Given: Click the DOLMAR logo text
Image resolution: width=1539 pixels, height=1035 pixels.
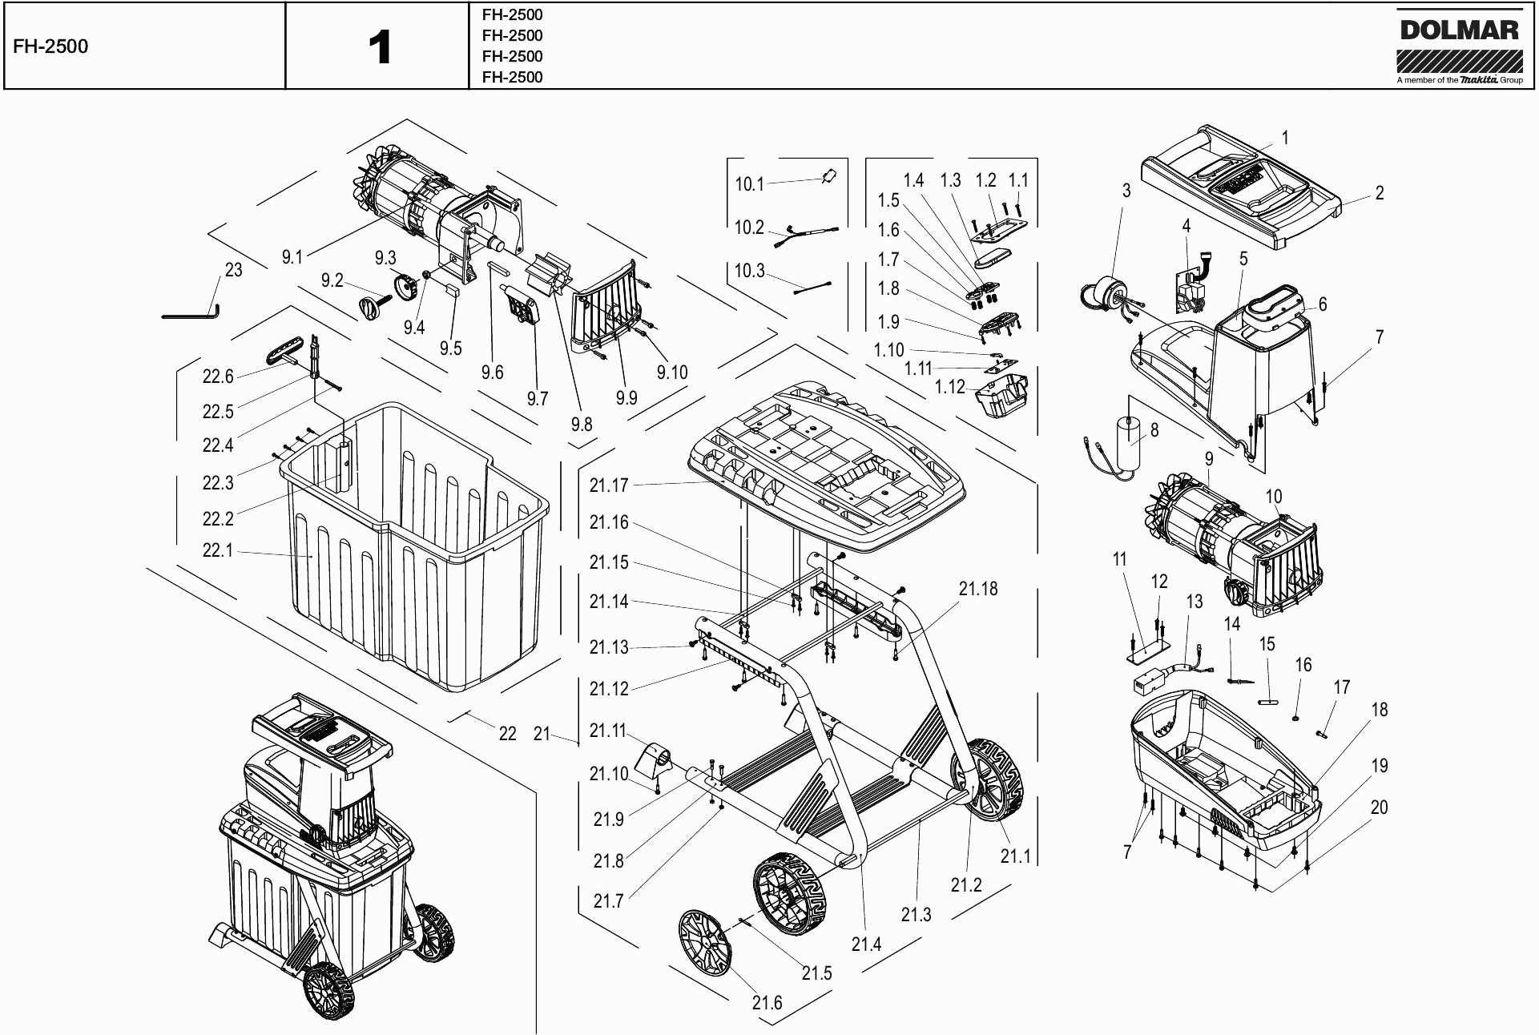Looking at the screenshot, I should [1459, 30].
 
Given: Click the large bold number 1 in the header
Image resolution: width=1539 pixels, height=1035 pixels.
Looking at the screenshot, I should [380, 47].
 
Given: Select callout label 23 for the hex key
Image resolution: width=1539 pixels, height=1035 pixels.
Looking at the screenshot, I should [233, 270].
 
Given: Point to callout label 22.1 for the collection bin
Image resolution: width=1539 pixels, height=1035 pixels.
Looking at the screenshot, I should [217, 551].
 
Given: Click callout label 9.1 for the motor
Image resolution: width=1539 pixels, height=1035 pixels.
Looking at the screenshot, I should [292, 257].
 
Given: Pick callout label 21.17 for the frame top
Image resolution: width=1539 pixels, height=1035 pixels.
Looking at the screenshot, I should [609, 485].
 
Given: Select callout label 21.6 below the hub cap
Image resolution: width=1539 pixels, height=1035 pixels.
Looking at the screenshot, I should [767, 1003].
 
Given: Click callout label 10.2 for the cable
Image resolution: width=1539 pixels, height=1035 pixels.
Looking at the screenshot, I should [749, 228].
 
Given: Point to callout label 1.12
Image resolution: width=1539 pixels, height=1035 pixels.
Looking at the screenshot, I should [949, 387].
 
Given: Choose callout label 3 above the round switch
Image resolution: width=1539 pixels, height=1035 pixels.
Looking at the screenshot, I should [1126, 191].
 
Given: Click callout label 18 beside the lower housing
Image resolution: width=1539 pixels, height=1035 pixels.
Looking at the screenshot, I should [1379, 710].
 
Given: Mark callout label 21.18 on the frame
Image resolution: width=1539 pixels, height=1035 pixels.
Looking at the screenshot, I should [978, 589].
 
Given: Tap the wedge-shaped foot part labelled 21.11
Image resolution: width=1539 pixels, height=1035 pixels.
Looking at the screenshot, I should [657, 759].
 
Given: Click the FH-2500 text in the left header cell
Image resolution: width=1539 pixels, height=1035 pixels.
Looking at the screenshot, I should [50, 46].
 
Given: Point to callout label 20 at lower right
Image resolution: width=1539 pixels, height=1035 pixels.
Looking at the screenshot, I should [1379, 807].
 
